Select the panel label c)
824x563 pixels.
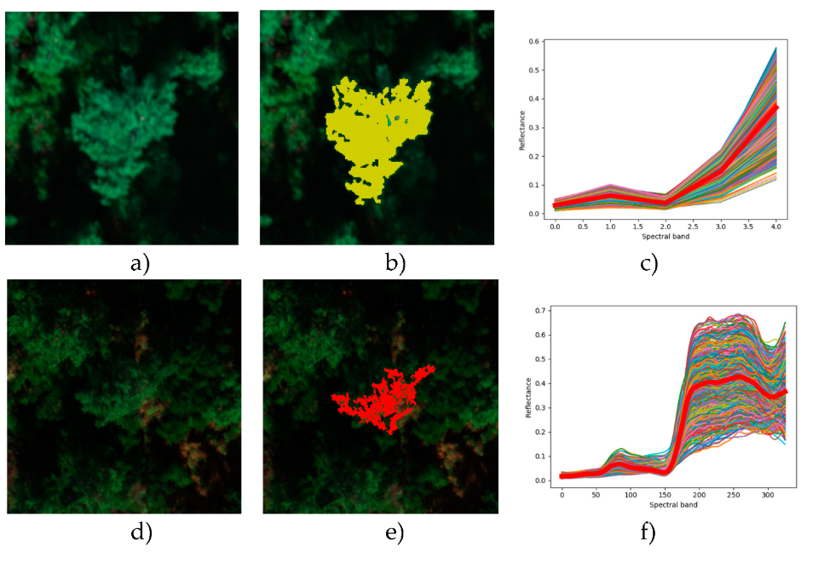pos(650,264)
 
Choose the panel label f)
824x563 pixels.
pos(649,534)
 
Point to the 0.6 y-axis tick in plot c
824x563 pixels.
pos(534,42)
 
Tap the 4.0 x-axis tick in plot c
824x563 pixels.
pos(775,227)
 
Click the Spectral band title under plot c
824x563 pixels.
pos(666,238)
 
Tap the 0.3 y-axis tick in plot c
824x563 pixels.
pos(534,128)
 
